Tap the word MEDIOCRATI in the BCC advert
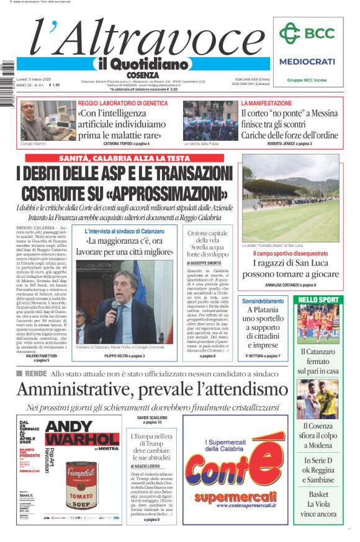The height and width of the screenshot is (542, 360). coord(307,61)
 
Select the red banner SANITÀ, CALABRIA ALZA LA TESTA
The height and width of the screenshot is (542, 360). coord(124,158)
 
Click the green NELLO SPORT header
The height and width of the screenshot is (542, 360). coord(318,300)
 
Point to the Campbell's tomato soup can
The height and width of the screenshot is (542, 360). coord(81,487)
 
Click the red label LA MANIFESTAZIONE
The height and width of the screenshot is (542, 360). coord(266,103)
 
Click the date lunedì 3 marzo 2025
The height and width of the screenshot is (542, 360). coord(35,80)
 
